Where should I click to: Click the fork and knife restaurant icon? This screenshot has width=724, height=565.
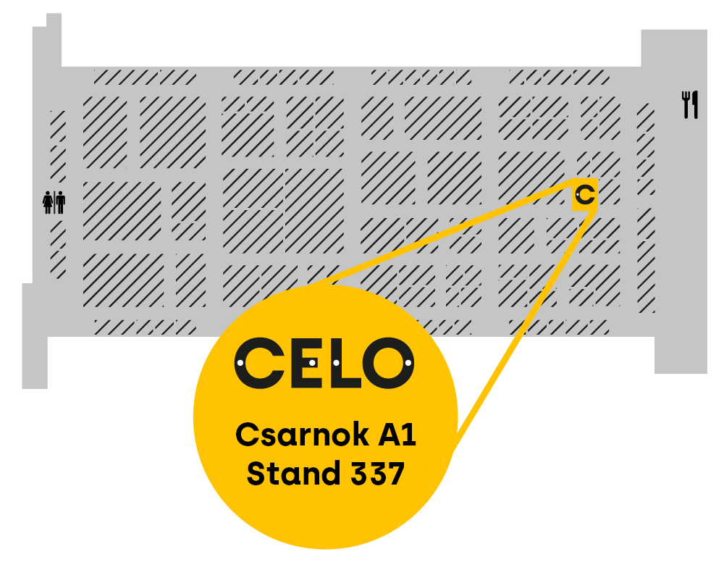pyautogui.click(x=690, y=104)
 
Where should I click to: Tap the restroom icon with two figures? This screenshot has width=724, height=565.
pyautogui.click(x=54, y=202)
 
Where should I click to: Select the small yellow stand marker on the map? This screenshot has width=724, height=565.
pyautogui.click(x=585, y=194)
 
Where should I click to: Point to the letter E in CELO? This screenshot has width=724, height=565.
pyautogui.click(x=302, y=362)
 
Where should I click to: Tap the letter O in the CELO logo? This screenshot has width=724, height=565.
pyautogui.click(x=390, y=362)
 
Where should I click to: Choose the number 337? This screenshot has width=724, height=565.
pyautogui.click(x=377, y=474)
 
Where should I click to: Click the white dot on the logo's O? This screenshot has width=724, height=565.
pyautogui.click(x=408, y=362)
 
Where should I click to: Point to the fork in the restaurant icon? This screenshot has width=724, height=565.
pyautogui.click(x=685, y=104)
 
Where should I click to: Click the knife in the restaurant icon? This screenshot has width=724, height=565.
pyautogui.click(x=695, y=104)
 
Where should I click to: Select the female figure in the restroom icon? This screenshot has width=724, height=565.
pyautogui.click(x=49, y=202)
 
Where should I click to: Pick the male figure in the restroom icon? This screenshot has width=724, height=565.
pyautogui.click(x=60, y=202)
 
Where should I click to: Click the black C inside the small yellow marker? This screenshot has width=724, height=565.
pyautogui.click(x=586, y=194)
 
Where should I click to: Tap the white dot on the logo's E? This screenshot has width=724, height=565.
pyautogui.click(x=312, y=362)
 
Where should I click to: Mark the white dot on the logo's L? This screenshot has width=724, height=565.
pyautogui.click(x=337, y=362)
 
